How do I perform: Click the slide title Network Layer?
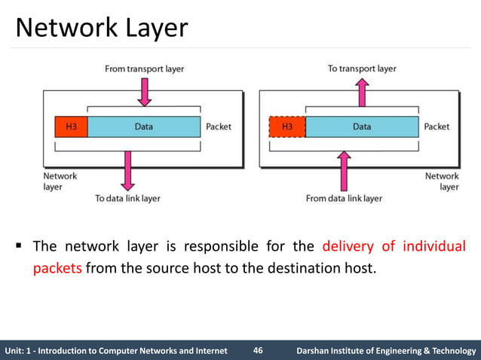tap(102, 28)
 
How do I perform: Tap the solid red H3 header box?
tap(71, 127)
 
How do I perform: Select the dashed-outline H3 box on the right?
tap(286, 127)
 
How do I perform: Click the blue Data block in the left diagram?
tap(144, 127)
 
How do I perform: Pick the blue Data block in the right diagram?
tap(361, 127)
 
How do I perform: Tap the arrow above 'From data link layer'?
tap(345, 169)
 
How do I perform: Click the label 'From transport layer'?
tap(144, 69)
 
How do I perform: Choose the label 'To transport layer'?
tap(362, 69)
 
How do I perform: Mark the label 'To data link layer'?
tap(127, 199)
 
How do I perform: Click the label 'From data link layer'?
tap(345, 199)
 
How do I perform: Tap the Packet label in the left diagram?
tap(219, 127)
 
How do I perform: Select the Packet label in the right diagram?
tap(437, 127)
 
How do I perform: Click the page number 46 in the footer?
tap(258, 350)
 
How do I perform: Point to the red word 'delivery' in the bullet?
tap(350, 247)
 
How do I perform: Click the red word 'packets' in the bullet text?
tap(57, 268)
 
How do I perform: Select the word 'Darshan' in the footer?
tap(317, 350)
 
